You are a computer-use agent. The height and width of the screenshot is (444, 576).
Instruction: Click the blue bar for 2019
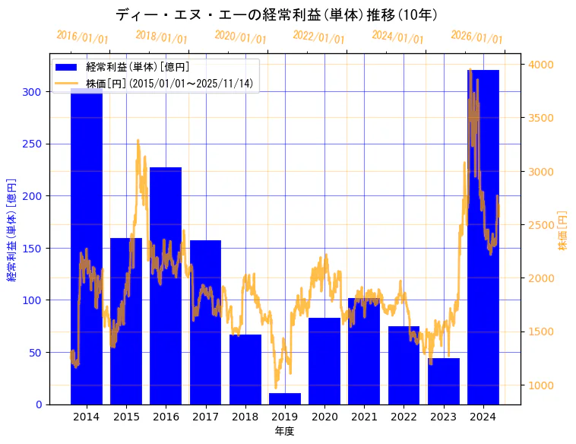point(285,398)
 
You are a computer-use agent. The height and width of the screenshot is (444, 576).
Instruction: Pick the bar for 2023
point(444,381)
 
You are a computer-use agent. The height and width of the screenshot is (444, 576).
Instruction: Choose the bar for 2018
point(245,369)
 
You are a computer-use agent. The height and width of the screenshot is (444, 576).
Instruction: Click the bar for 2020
point(324,361)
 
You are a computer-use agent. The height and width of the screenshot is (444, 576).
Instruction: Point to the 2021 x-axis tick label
point(364,417)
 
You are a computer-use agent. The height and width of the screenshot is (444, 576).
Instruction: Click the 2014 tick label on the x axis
point(87,417)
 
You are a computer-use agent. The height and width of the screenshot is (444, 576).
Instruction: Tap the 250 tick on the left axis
point(33,144)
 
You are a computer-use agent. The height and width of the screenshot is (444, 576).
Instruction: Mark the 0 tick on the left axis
point(40,404)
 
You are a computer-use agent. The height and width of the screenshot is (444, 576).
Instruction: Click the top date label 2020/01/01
point(241,36)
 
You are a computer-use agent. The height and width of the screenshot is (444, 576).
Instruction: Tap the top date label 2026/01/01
point(476,36)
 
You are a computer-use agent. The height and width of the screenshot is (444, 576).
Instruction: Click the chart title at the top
point(277,14)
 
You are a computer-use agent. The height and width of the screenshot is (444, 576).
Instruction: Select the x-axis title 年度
point(284,431)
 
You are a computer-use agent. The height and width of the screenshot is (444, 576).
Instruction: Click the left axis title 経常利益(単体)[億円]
point(11,230)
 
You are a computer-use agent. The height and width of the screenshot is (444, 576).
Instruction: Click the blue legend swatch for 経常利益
point(67,68)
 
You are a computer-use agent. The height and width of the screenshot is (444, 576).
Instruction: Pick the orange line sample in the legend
point(67,84)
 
